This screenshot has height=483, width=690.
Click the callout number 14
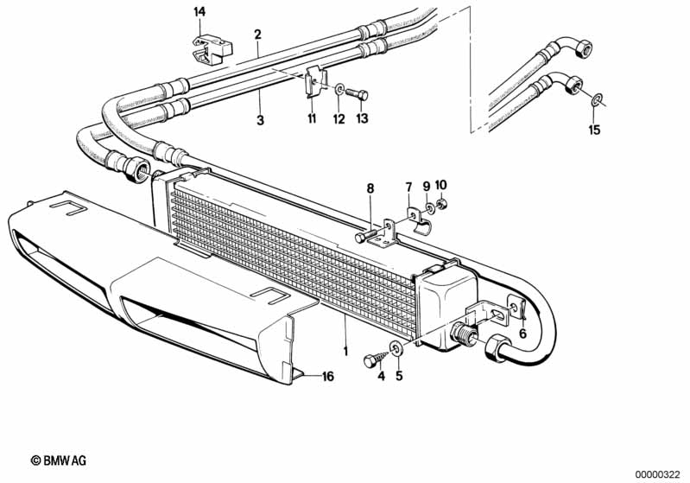pyautogui.click(x=200, y=11)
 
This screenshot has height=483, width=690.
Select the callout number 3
pyautogui.click(x=260, y=120)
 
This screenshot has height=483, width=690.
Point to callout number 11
pyautogui.click(x=312, y=118)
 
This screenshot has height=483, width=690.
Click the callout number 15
pyautogui.click(x=593, y=130)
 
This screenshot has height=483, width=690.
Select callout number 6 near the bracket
pyautogui.click(x=522, y=334)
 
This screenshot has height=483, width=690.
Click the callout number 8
pyautogui.click(x=370, y=187)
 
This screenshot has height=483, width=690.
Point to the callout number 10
pyautogui.click(x=441, y=185)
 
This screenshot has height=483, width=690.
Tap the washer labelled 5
pyautogui.click(x=396, y=348)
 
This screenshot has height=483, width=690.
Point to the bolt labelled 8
pyautogui.click(x=368, y=233)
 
